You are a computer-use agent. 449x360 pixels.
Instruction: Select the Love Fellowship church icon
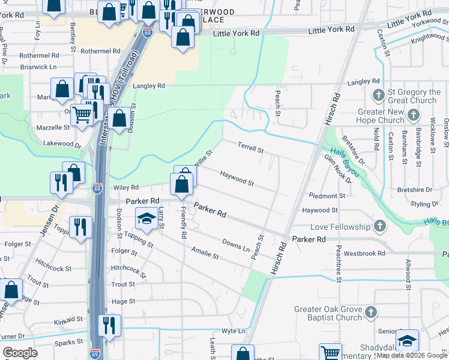tap(378, 226)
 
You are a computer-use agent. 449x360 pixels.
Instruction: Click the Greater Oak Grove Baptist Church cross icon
tap(371, 312)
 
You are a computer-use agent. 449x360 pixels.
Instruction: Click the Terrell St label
tap(250, 146)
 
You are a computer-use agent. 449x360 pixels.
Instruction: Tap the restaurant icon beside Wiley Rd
tap(61, 182)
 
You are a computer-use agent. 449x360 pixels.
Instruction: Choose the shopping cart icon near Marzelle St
tap(82, 114)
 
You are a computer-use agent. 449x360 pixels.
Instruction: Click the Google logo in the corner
tap(20, 353)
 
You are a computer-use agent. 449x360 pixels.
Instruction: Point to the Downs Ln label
tap(236, 244)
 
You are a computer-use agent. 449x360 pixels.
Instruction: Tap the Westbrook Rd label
tap(364, 253)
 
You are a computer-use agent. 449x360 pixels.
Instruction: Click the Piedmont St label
tap(327, 196)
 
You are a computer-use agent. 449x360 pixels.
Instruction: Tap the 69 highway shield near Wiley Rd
tap(97, 188)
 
